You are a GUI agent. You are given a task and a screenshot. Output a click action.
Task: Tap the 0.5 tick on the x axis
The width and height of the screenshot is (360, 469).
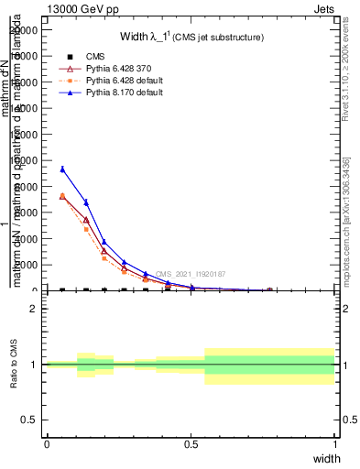191,444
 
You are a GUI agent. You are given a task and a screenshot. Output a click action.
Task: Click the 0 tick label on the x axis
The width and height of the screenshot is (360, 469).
47,444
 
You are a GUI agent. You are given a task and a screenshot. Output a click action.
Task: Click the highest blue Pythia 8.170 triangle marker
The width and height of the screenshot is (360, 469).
62,169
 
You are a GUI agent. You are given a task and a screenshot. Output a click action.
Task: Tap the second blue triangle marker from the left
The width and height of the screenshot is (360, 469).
86,202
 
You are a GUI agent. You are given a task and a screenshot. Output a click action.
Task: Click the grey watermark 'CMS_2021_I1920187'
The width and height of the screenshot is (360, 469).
190,274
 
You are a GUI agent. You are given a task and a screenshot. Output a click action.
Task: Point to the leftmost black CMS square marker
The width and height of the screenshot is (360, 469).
62,290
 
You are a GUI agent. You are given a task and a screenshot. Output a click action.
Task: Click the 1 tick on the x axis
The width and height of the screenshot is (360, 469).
335,444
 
